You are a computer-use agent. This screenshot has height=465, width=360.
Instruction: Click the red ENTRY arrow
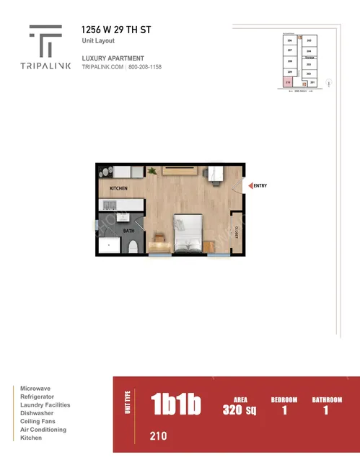pyautogui.click(x=250, y=186)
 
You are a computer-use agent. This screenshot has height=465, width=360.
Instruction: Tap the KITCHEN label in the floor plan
pyautogui.click(x=118, y=188)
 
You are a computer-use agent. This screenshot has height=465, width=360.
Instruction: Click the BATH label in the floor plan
pyautogui.click(x=129, y=231)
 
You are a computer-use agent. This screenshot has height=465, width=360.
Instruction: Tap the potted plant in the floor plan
pyautogui.click(x=152, y=171)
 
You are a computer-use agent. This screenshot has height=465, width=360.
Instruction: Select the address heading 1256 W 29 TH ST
pyautogui.click(x=117, y=31)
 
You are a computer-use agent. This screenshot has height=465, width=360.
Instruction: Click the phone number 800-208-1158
pyautogui.click(x=146, y=67)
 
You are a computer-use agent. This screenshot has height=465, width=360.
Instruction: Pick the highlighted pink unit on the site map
pyautogui.click(x=288, y=83)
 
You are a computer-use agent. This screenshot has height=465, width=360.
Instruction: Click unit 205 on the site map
pyautogui.click(x=308, y=41)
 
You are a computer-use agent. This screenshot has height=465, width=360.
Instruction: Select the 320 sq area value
pyautogui.click(x=240, y=411)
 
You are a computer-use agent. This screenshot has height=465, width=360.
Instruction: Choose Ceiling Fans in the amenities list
pyautogui.click(x=40, y=422)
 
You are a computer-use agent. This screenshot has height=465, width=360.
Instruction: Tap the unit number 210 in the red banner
pyautogui.click(x=159, y=435)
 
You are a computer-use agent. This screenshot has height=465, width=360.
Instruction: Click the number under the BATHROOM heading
pyautogui.click(x=325, y=410)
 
